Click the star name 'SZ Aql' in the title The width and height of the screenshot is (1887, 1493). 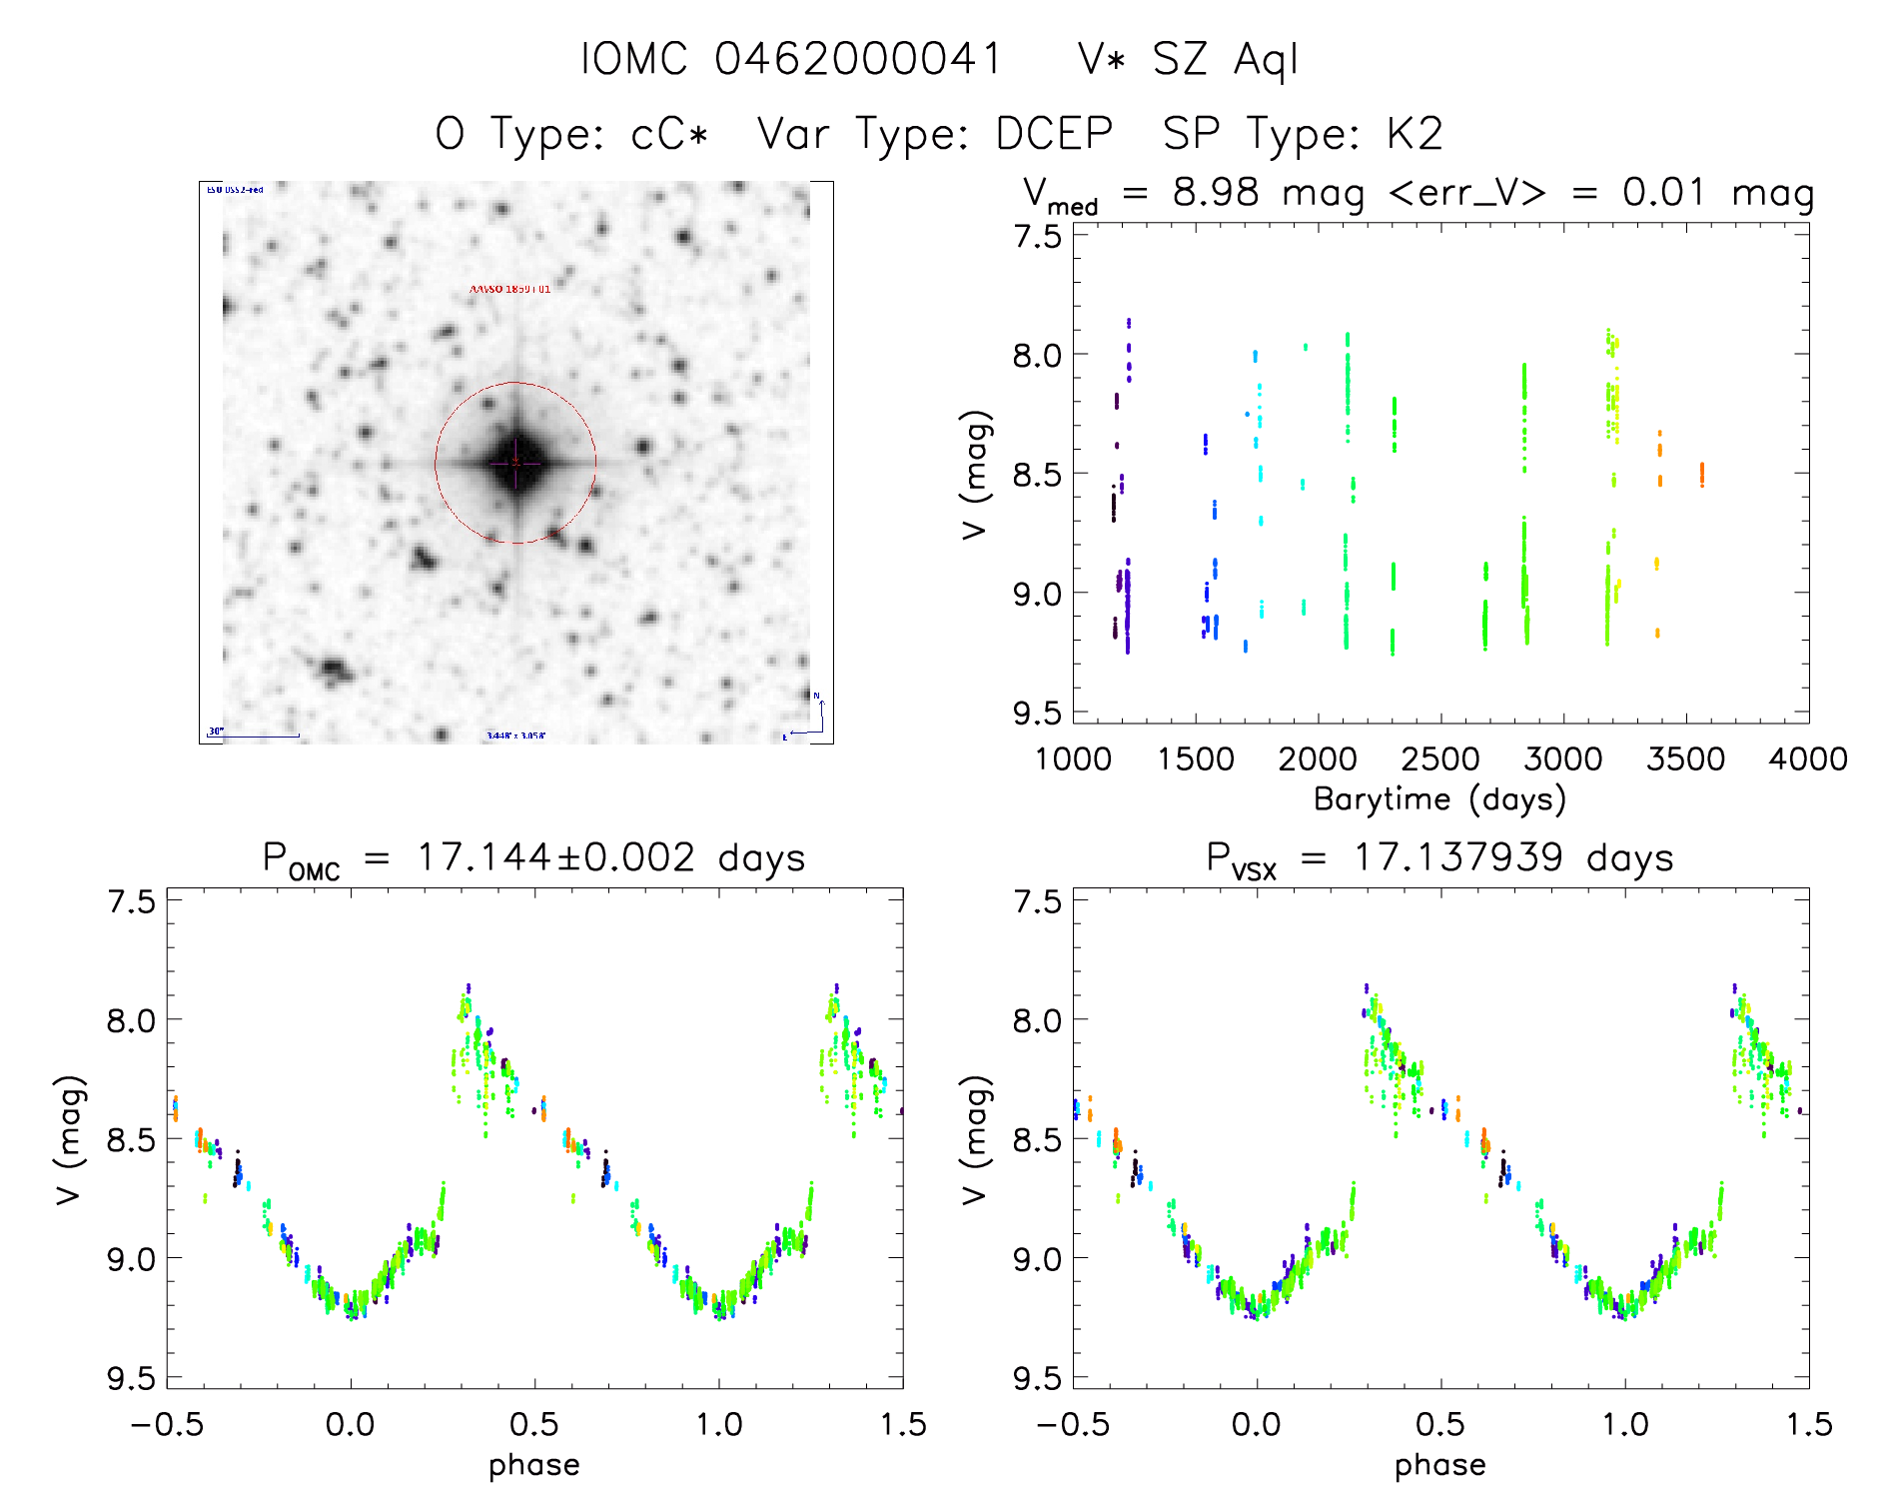coord(1226,60)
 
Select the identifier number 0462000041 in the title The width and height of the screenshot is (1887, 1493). coord(858,60)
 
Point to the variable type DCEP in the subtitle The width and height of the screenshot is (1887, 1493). coord(1055,134)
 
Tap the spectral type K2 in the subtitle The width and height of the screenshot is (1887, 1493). coord(1415,134)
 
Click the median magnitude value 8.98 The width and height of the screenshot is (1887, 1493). coord(1216,192)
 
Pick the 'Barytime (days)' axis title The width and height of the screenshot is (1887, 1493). coord(1439,799)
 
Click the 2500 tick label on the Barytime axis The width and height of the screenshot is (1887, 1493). coord(1440,759)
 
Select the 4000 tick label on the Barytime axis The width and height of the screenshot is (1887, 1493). coord(1808,759)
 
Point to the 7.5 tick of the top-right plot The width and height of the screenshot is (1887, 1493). coord(1037,237)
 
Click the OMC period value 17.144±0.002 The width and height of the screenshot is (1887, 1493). coord(555,858)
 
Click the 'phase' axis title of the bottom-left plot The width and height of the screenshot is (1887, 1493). coord(534,1465)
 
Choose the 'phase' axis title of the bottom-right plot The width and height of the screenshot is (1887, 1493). coord(1440,1465)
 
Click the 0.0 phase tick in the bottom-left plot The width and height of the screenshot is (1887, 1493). coord(351,1425)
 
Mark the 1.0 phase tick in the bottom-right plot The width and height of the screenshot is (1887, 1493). coord(1625,1425)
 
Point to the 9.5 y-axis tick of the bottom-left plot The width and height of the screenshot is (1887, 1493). coord(131,1379)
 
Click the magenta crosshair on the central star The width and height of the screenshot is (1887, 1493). coord(515,463)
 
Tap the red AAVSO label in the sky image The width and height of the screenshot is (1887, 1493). coord(509,290)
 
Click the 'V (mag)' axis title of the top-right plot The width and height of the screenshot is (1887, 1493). coord(976,475)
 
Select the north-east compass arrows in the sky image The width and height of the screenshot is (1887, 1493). coord(811,718)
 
